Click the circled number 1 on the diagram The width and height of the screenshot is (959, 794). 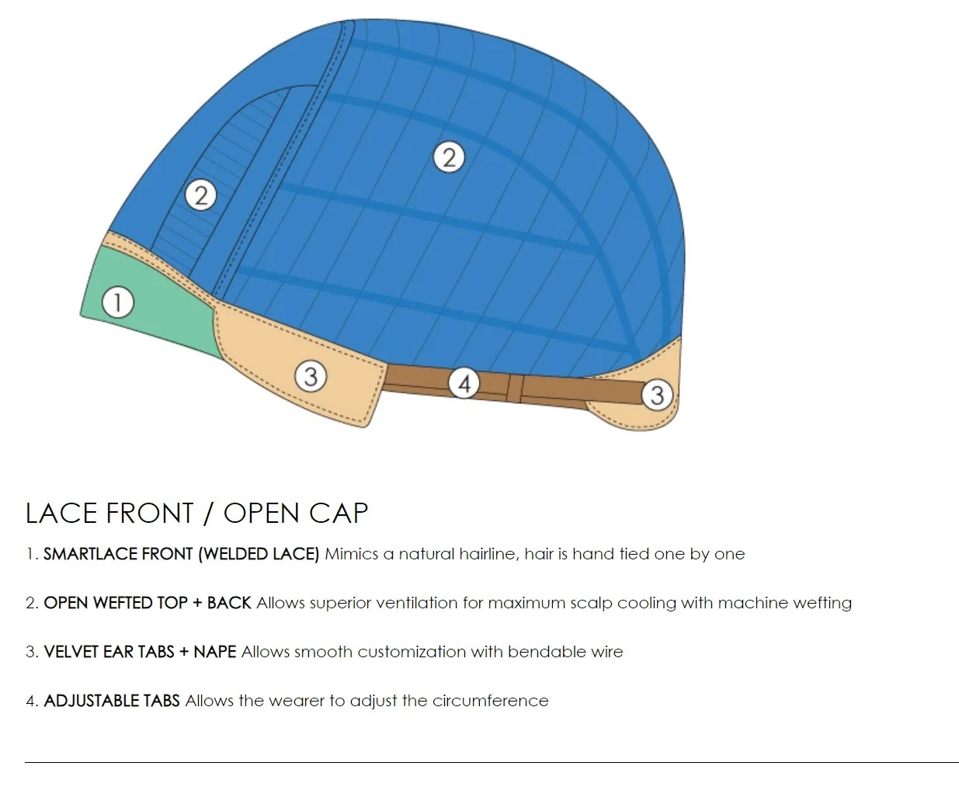(118, 302)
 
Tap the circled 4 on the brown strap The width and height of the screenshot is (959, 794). (464, 383)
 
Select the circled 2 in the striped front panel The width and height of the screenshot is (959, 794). (201, 195)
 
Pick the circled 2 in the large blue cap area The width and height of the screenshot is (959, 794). (448, 158)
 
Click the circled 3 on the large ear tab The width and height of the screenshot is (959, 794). (311, 377)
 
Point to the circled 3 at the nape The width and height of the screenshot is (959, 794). (656, 395)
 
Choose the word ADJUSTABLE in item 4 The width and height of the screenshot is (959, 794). (92, 701)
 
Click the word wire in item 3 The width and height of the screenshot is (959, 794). (606, 652)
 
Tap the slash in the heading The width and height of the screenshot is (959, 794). (208, 514)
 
